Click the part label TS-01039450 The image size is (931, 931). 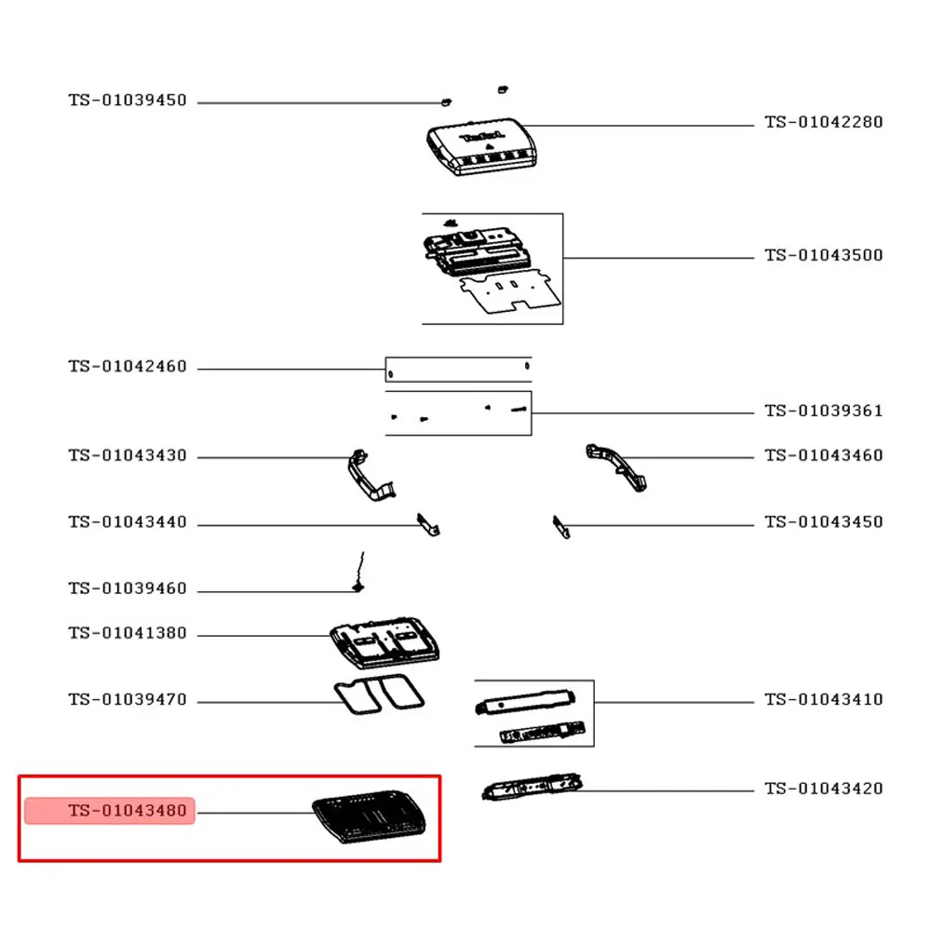128,101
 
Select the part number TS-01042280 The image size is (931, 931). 824,122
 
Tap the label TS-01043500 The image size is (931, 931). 824,255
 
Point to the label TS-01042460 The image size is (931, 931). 128,367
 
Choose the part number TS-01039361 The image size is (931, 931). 824,411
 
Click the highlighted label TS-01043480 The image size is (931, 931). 128,811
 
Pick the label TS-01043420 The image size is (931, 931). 824,789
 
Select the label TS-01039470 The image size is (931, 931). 128,699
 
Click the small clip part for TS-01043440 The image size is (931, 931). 428,525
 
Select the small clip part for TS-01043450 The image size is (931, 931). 561,527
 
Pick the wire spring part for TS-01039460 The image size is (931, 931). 358,573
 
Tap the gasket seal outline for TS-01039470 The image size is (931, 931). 380,695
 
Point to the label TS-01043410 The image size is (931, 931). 824,699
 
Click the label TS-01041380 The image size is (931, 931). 128,633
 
